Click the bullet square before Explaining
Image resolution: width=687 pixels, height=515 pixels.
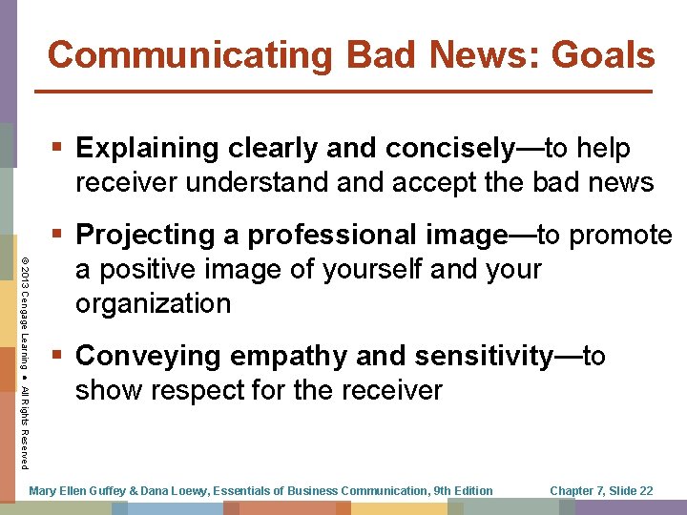[x=59, y=148]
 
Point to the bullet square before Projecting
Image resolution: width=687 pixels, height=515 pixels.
[x=59, y=235]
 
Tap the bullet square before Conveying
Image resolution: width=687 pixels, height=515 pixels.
[x=59, y=356]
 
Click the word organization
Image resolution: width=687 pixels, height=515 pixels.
[x=153, y=304]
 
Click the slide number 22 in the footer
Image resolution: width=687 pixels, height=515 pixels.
[x=645, y=490]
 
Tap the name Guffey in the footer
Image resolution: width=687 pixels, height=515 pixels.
[x=99, y=490]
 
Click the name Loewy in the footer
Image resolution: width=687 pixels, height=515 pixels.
[x=184, y=490]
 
